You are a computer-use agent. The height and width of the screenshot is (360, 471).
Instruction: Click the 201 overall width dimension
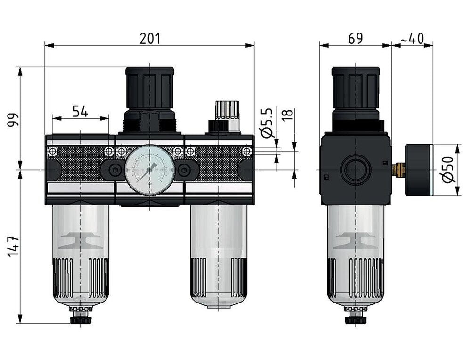tap(150, 39)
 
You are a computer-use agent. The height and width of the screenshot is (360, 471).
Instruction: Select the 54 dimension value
tap(80, 112)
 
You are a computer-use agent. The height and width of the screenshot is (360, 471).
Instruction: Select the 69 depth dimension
tap(356, 39)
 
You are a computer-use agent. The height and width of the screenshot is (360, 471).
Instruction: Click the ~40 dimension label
tap(412, 39)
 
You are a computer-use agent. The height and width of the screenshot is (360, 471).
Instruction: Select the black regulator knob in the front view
tap(149, 89)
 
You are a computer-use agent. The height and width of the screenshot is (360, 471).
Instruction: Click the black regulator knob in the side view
tap(356, 89)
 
